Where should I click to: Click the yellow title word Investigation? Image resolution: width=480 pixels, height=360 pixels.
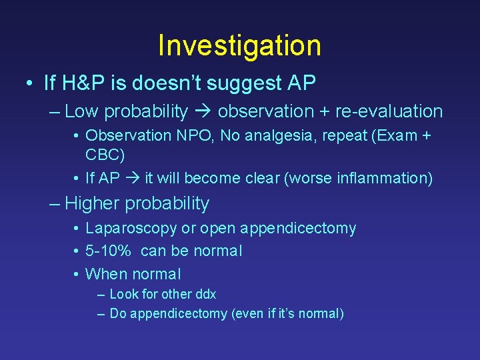pos(239,45)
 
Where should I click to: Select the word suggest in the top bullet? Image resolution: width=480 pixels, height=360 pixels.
pos(251,84)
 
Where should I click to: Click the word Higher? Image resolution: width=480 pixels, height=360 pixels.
pos(91,203)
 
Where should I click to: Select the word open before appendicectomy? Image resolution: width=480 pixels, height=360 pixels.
pos(218,228)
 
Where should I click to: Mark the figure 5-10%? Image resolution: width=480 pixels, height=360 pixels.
pos(111,251)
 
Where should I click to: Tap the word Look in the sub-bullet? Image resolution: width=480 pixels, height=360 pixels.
pos(123,294)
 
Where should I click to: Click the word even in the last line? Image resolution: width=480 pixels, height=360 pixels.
pos(247,314)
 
